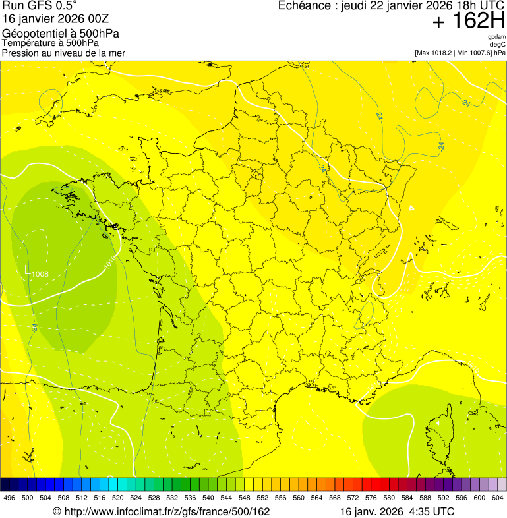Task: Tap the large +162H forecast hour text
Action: (468, 21)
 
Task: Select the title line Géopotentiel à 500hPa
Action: (61, 34)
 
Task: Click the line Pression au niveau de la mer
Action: (63, 53)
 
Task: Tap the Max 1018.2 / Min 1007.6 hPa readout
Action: (460, 53)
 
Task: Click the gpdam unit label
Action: (496, 37)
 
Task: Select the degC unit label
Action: (498, 45)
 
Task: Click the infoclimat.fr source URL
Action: (162, 511)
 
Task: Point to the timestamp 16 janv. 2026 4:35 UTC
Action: (397, 511)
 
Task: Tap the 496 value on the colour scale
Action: (9, 498)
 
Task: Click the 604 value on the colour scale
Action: (498, 498)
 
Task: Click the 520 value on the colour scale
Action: (117, 498)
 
